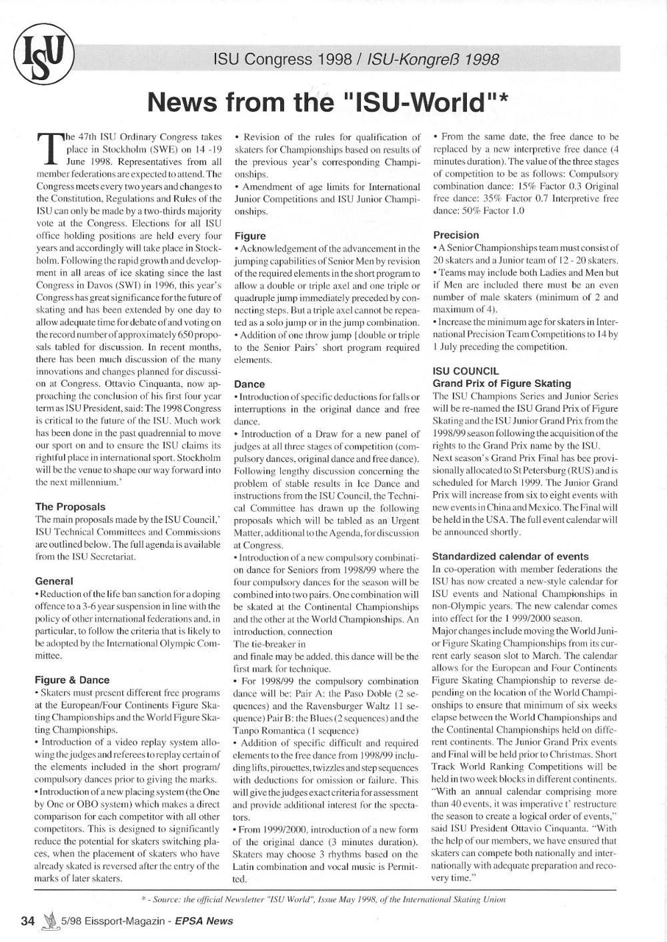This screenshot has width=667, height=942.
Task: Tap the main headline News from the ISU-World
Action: (x=329, y=102)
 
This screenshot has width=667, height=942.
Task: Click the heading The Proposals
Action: (x=70, y=506)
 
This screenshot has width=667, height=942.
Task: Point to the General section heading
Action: (x=54, y=581)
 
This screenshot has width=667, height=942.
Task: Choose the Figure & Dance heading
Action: (x=72, y=680)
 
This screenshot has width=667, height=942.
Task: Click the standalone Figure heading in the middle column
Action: (x=250, y=235)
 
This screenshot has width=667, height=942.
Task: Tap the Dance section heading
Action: (x=249, y=384)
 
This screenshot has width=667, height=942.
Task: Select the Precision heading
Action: (x=456, y=235)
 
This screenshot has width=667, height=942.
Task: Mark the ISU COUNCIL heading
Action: (x=466, y=371)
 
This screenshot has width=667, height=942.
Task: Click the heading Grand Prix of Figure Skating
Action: (x=502, y=384)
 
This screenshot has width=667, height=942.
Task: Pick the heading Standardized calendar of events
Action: (x=510, y=556)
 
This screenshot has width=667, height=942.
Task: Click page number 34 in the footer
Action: (x=27, y=921)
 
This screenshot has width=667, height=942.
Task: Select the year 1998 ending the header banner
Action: (x=483, y=60)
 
